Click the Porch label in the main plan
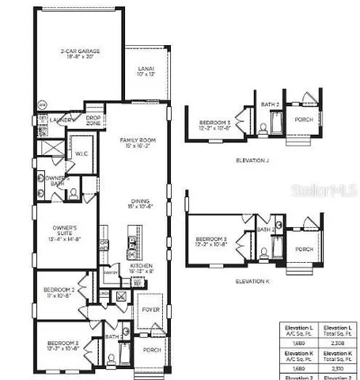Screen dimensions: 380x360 point(150,348)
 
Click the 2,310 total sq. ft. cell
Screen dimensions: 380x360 point(338,368)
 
